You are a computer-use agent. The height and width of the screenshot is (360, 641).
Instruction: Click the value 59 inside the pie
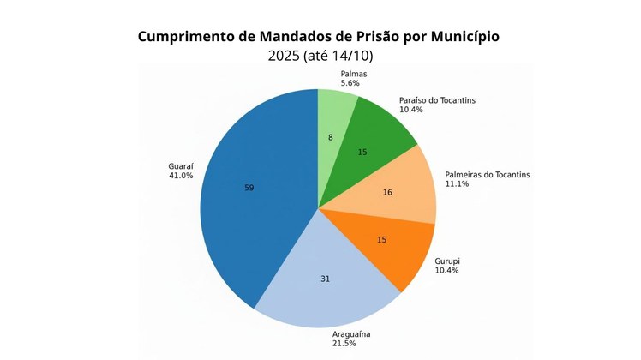pos(249,188)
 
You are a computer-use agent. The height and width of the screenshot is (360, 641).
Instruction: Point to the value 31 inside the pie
pos(325,279)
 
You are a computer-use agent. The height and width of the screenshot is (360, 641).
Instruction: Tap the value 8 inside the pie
pos(330,137)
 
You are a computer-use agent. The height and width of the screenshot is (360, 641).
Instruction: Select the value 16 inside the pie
pos(387,193)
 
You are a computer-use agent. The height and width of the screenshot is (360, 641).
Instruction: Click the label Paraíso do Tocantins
pos(437,100)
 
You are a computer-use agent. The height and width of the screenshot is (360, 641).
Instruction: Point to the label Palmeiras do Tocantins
pos(487,175)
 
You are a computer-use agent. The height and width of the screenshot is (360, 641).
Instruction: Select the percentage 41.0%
pos(181,176)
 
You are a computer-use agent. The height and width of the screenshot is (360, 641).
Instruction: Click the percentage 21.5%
pos(344,343)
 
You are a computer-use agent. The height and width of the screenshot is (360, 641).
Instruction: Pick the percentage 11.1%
pos(458,184)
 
